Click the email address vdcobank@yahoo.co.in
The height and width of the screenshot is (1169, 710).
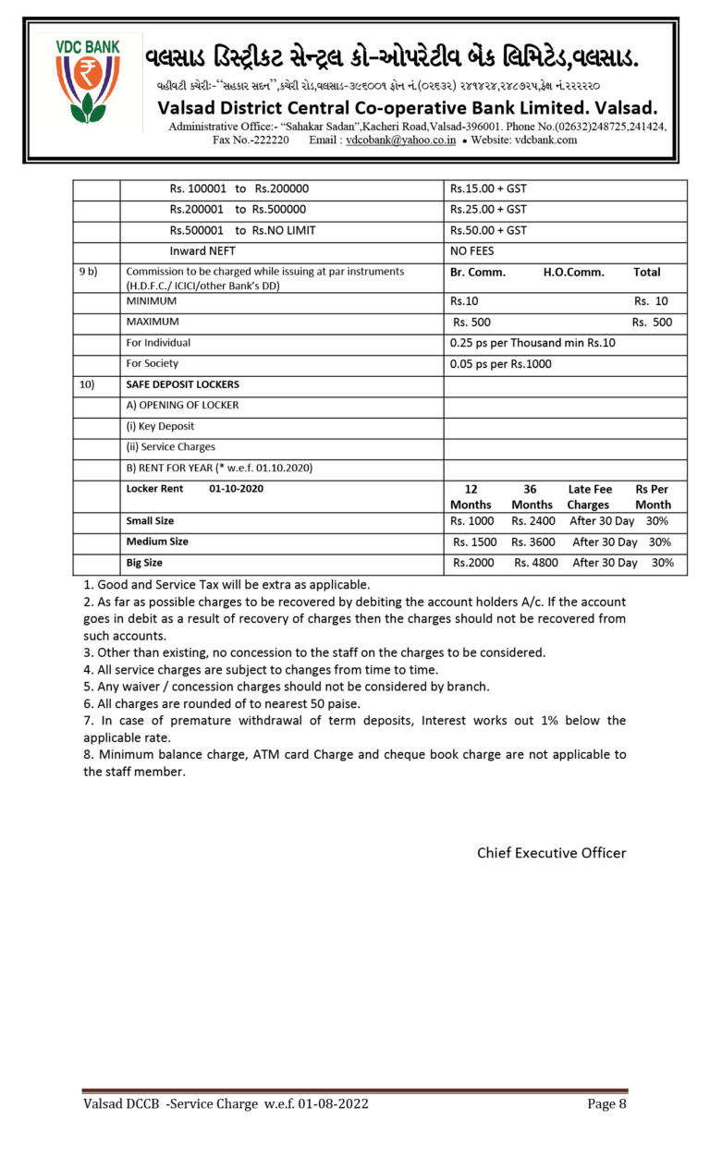tap(400, 140)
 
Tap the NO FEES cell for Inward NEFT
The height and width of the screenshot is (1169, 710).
tap(471, 251)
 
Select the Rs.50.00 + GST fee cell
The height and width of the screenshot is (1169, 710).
tap(488, 230)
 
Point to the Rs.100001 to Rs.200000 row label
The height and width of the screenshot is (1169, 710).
tap(239, 189)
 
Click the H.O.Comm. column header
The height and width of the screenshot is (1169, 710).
tap(573, 273)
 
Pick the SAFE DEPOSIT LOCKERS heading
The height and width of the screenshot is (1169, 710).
tap(182, 384)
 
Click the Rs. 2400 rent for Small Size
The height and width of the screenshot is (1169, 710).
tap(533, 521)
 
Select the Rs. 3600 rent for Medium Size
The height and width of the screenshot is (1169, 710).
tap(533, 542)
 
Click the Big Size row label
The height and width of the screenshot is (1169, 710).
tap(144, 563)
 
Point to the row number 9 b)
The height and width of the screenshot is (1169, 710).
tap(88, 273)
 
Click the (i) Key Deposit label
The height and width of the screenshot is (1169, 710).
tap(160, 426)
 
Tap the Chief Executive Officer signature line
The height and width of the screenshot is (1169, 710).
tap(551, 853)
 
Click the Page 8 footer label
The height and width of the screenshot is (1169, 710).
tap(606, 1103)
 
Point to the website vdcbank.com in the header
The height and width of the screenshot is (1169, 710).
tap(545, 140)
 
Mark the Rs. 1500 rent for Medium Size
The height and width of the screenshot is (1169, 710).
tap(474, 542)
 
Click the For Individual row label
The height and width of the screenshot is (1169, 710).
tap(158, 343)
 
